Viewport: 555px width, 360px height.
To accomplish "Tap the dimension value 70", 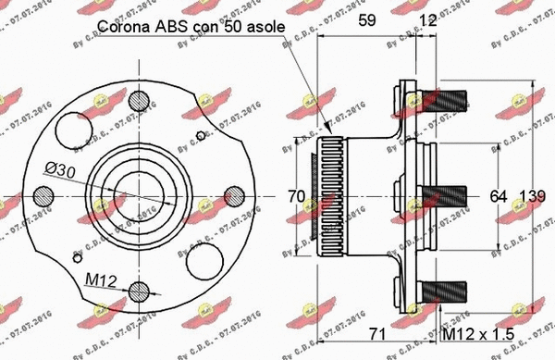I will pyautogui.click(x=296, y=196).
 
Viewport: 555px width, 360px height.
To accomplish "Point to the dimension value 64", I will pyautogui.click(x=498, y=196).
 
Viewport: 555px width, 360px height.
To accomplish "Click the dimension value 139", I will pyautogui.click(x=532, y=196).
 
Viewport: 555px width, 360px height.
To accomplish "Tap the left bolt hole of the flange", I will pyautogui.click(x=44, y=195).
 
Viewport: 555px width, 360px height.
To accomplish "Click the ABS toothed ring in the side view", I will pyautogui.click(x=332, y=196).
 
